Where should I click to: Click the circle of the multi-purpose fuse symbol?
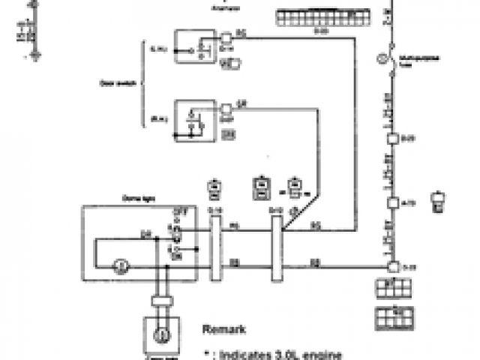pyautogui.click(x=389, y=56)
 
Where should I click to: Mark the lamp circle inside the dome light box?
pyautogui.click(x=117, y=265)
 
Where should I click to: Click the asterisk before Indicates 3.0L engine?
pyautogui.click(x=208, y=352)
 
